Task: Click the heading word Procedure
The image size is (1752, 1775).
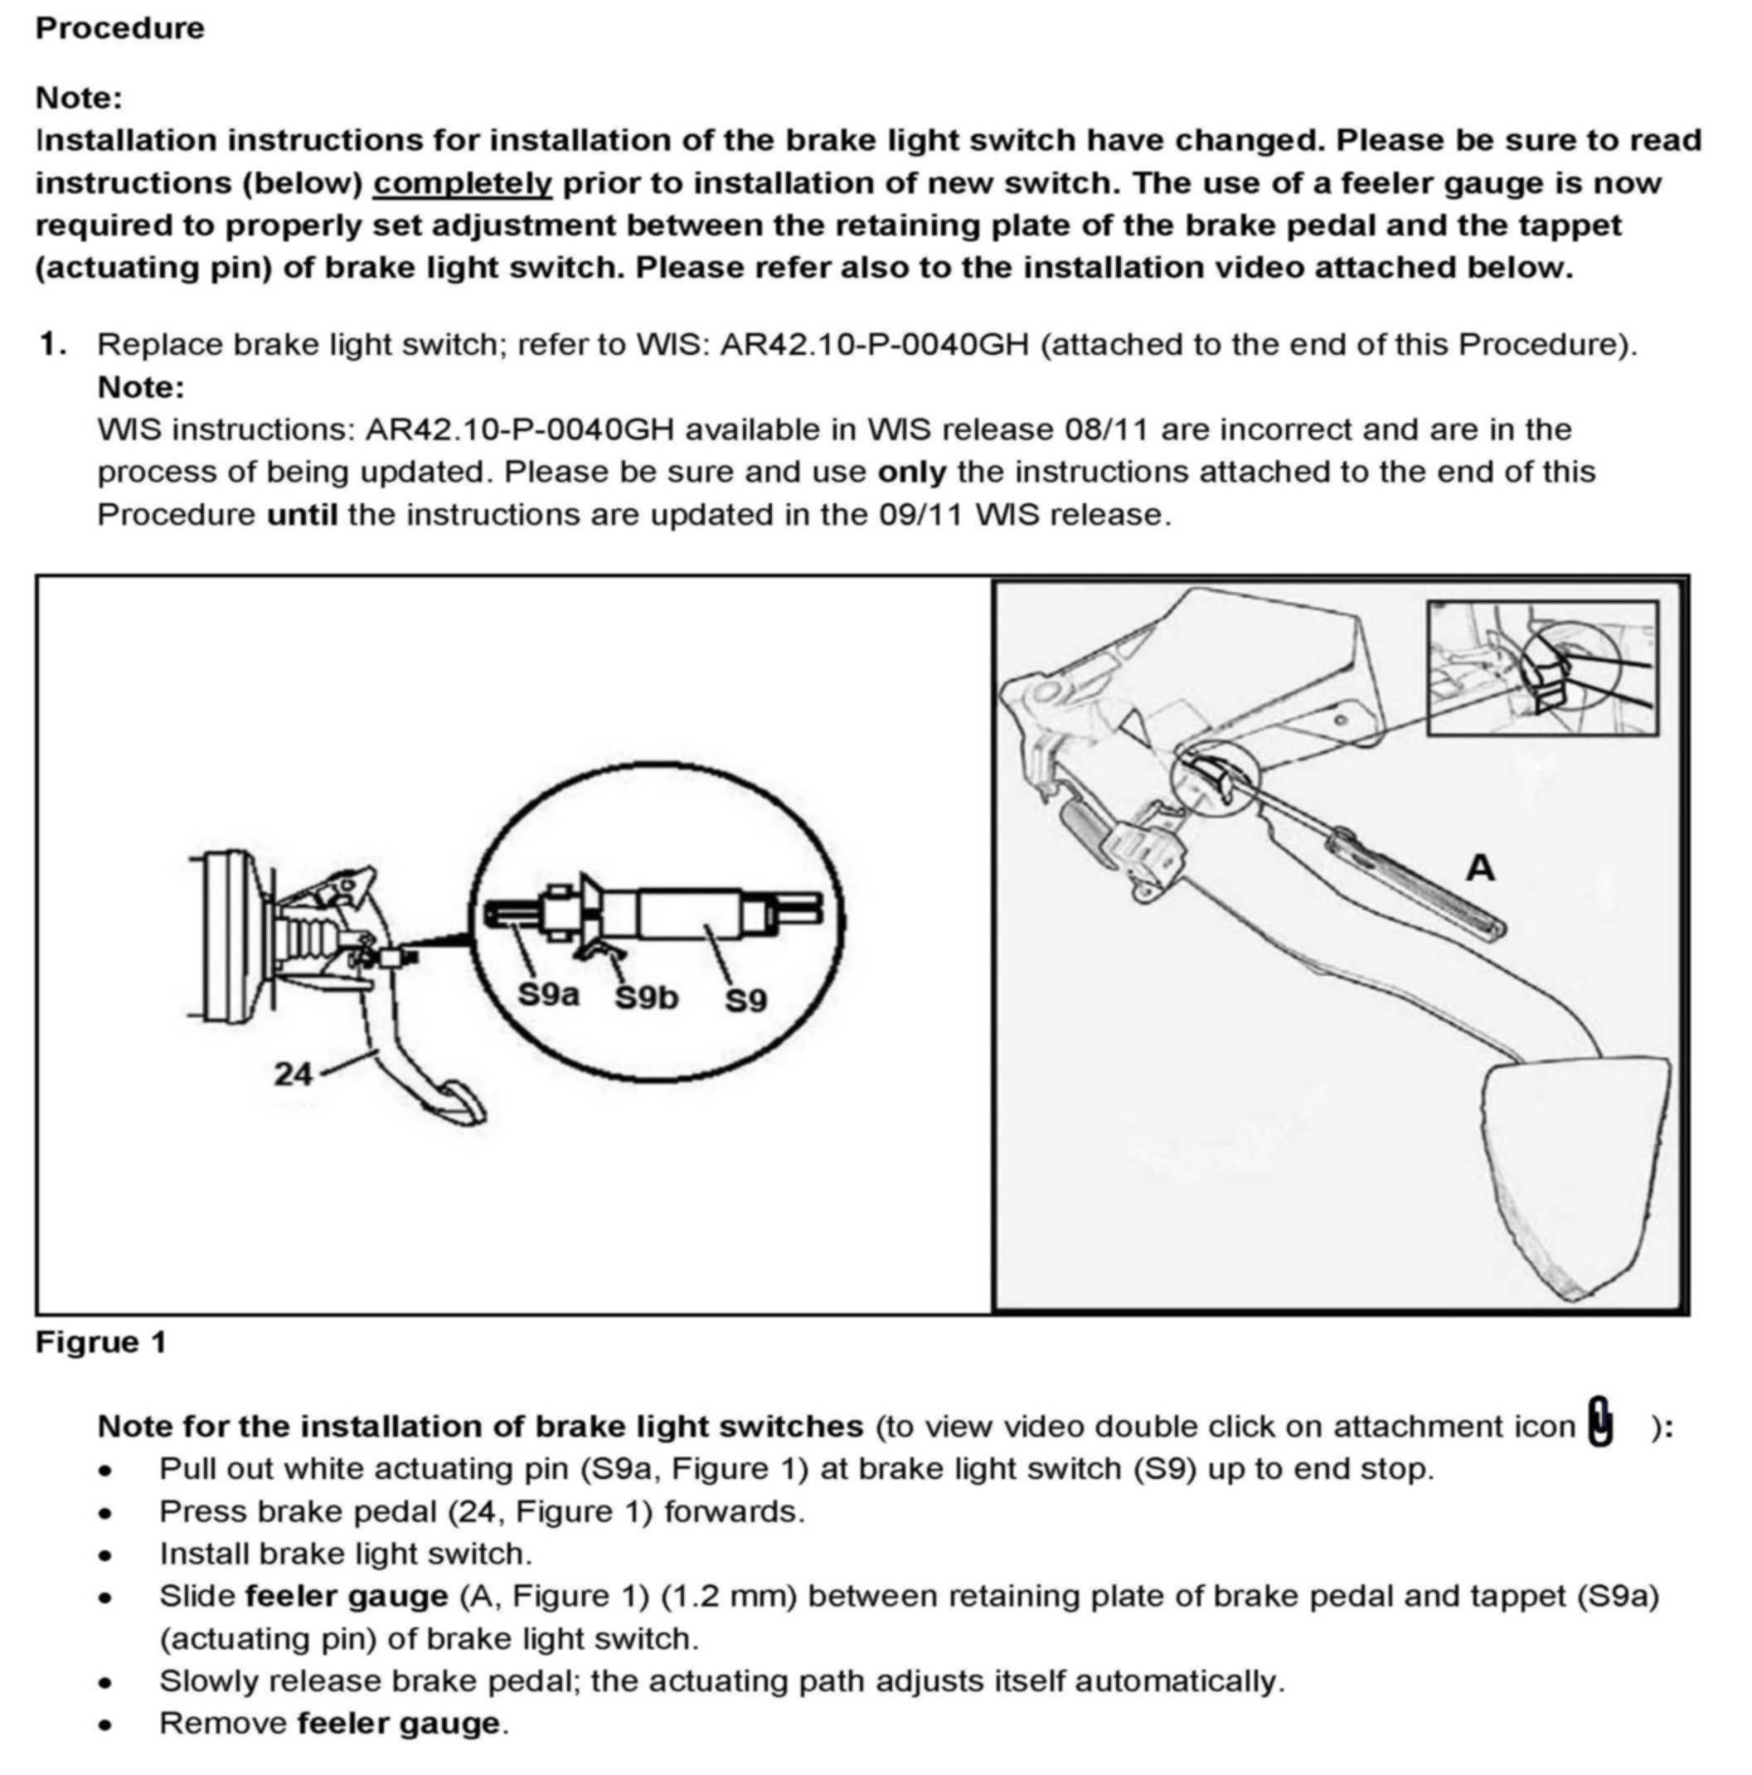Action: (x=119, y=27)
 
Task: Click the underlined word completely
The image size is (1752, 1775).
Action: (x=461, y=183)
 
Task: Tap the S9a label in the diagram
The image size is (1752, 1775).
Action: (x=547, y=994)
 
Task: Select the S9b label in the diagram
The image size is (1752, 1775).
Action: (x=646, y=997)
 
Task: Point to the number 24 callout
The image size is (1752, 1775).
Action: (x=293, y=1073)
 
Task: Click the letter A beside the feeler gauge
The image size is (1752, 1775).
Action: (x=1479, y=868)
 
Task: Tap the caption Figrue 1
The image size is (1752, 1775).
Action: (x=101, y=1342)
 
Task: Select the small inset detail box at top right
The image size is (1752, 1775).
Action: (x=1541, y=668)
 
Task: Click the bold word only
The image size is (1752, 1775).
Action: (x=911, y=473)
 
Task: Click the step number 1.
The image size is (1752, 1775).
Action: (x=51, y=345)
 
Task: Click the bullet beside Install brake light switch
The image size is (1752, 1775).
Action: (x=107, y=1554)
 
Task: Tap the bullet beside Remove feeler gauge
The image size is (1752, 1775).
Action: (x=107, y=1724)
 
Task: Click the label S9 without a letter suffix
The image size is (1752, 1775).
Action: (x=745, y=1001)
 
